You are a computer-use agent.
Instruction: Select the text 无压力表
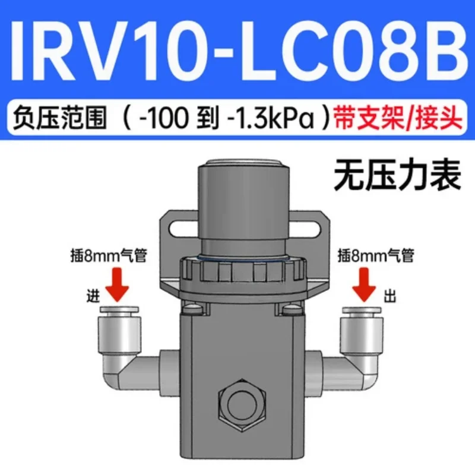397,176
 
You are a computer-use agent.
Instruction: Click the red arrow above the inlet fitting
118,284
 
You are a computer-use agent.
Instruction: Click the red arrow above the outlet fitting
365,284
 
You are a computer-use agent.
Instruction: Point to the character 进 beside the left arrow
93,296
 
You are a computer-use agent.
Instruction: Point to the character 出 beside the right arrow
390,296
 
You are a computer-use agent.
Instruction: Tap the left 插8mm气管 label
109,256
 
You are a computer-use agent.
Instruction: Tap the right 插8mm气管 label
376,256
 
